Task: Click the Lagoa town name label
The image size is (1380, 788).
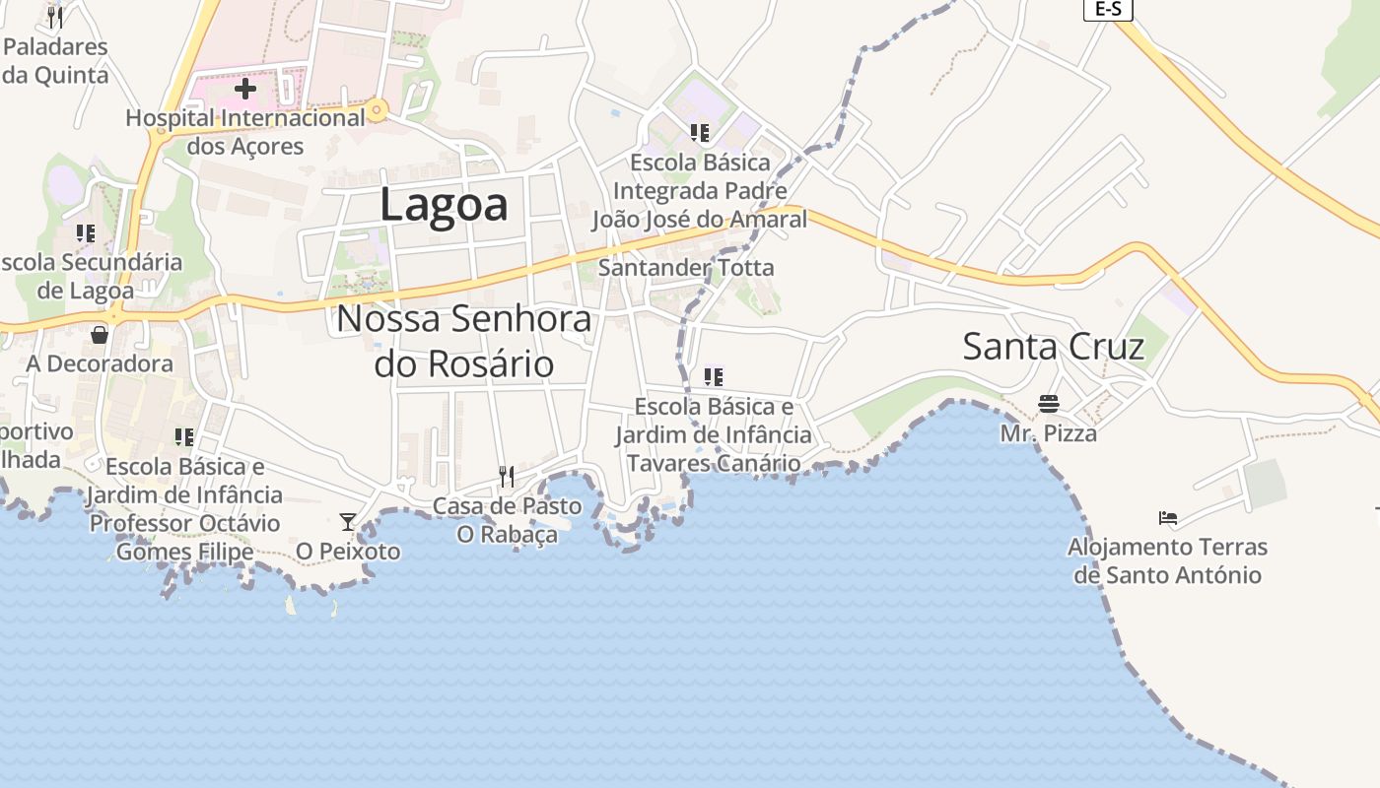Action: (x=444, y=205)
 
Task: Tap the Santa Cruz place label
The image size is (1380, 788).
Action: (x=1053, y=347)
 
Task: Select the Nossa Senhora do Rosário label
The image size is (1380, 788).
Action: (x=464, y=341)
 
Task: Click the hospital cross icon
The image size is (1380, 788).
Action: (x=245, y=89)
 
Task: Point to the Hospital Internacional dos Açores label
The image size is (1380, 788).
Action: (x=245, y=132)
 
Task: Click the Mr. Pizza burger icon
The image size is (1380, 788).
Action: (x=1048, y=404)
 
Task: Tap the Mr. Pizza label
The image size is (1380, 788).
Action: (x=1048, y=432)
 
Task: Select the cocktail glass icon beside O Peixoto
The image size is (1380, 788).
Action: (x=347, y=521)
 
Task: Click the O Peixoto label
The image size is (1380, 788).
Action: (x=348, y=551)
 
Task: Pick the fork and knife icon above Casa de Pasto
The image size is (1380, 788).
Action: (x=507, y=477)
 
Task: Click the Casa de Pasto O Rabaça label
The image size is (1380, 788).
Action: (x=507, y=520)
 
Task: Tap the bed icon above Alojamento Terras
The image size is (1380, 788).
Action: (x=1168, y=517)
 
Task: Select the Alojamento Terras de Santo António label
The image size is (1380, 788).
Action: (x=1168, y=560)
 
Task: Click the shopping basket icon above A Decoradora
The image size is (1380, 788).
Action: (x=100, y=335)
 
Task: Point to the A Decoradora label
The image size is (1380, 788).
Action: (x=100, y=363)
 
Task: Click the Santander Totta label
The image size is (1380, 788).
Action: (x=686, y=267)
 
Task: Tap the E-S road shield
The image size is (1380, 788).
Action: (x=1108, y=9)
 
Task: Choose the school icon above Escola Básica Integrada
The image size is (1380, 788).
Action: (x=700, y=132)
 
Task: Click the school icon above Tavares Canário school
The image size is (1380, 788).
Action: (x=714, y=376)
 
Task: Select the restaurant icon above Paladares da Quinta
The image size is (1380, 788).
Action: (x=55, y=17)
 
